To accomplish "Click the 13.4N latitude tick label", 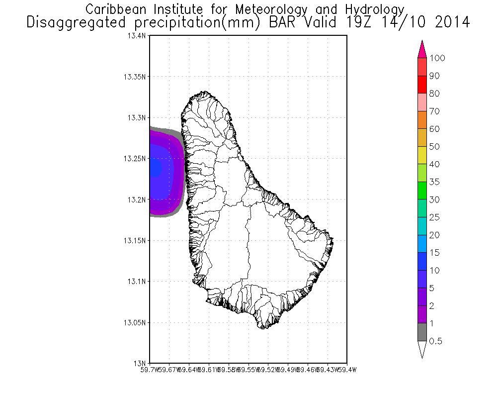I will [137, 36].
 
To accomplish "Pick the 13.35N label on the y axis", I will [135, 77].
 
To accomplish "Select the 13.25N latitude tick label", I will [135, 159].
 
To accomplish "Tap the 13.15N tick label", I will [135, 240].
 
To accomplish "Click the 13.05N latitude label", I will [135, 322].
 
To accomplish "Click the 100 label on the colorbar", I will [437, 58].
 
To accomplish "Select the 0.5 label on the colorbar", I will [435, 341].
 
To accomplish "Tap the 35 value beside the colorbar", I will [435, 182].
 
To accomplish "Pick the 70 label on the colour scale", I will [435, 111].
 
